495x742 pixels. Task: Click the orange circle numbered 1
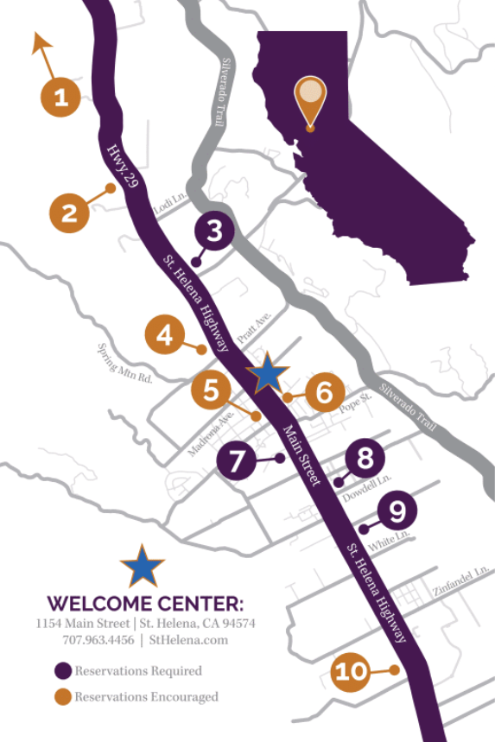click(x=60, y=98)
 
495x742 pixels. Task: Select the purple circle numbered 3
click(x=214, y=231)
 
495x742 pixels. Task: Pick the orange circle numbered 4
click(x=164, y=335)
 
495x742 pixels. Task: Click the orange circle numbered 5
click(x=212, y=390)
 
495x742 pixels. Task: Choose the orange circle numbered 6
click(x=324, y=393)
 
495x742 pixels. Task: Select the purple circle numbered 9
click(x=397, y=511)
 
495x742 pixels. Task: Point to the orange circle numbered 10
click(x=352, y=671)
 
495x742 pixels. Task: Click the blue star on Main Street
click(x=268, y=373)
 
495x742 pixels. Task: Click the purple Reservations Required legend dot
click(x=61, y=670)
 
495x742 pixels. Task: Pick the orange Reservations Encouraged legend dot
click(x=61, y=696)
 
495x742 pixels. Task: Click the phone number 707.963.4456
click(x=98, y=640)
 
